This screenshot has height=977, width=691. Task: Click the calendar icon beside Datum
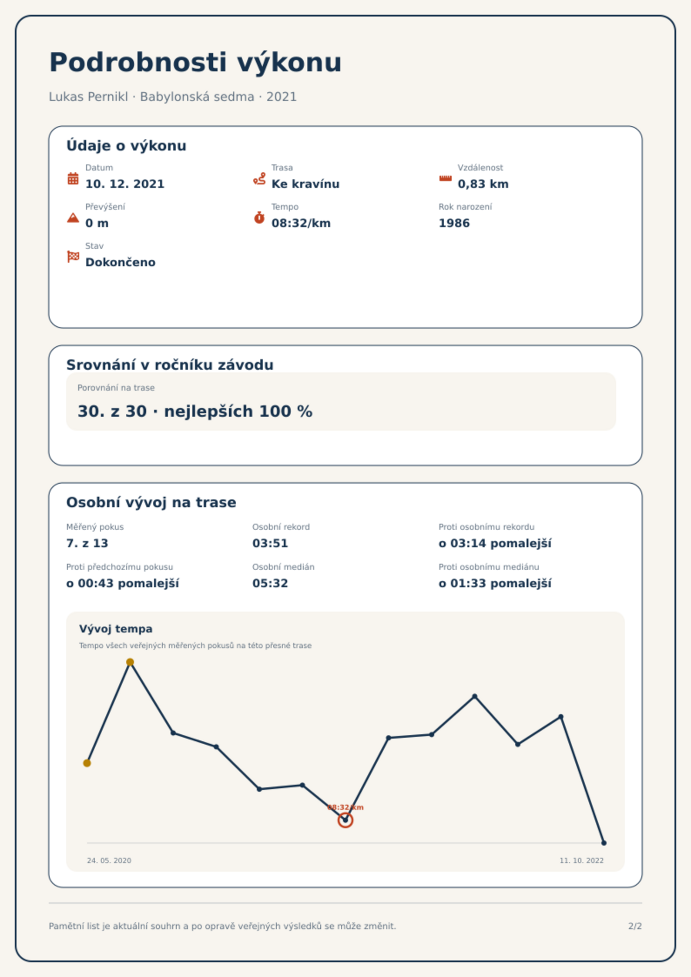pos(73,178)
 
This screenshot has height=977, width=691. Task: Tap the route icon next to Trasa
pos(259,178)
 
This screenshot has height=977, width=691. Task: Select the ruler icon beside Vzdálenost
pos(445,178)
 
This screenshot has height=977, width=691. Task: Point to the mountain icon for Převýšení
pos(73,217)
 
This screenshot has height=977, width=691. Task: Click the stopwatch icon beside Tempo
pos(259,217)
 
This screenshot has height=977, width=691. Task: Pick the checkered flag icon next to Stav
pos(73,257)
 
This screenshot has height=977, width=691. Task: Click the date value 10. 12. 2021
pos(125,184)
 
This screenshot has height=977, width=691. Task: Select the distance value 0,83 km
pos(483,184)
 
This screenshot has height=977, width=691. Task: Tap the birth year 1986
pos(454,223)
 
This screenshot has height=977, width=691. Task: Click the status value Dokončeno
pos(121,262)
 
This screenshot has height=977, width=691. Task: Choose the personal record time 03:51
pos(270,543)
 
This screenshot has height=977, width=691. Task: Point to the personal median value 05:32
pos(270,583)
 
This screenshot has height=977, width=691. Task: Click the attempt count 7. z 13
pos(87,543)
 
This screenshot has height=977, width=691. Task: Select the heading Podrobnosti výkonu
pos(195,62)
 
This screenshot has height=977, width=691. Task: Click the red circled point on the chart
pos(345,820)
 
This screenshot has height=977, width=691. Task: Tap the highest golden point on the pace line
pos(130,662)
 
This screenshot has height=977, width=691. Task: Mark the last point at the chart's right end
pos(604,843)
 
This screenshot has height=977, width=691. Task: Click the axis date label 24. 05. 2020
pos(109,860)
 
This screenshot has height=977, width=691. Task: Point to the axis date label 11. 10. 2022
pos(582,860)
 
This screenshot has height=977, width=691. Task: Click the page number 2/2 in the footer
pos(635,926)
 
